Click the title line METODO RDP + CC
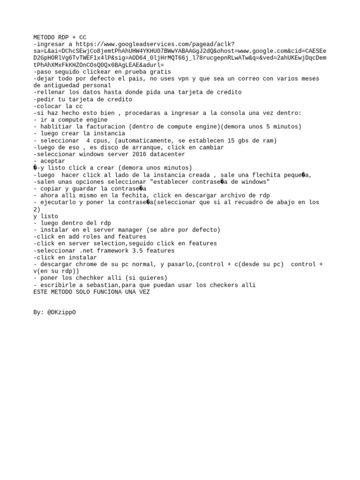(60, 37)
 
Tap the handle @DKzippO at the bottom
(61, 312)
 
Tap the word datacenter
(167, 154)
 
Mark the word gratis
(160, 72)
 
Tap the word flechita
(255, 175)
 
